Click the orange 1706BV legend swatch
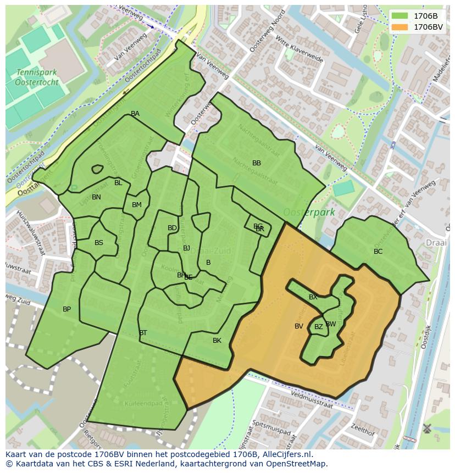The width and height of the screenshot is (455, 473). [x=400, y=27]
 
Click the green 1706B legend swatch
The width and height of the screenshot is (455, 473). [x=400, y=16]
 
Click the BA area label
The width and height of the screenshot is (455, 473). [x=135, y=114]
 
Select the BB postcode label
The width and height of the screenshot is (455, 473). [x=257, y=163]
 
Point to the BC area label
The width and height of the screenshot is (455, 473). [x=378, y=252]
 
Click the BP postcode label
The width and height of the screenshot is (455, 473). [x=66, y=309]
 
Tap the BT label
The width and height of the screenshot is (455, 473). [x=143, y=333]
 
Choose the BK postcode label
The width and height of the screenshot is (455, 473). [x=217, y=341]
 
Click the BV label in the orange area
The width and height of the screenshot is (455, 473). [x=299, y=326]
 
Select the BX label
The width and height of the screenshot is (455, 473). [x=313, y=297]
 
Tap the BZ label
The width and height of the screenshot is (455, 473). [x=319, y=327]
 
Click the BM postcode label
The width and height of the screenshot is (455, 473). [x=137, y=205]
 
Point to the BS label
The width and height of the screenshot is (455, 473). [x=99, y=243]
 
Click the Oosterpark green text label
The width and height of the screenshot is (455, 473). [x=309, y=213]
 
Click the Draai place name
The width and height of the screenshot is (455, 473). [x=436, y=243]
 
